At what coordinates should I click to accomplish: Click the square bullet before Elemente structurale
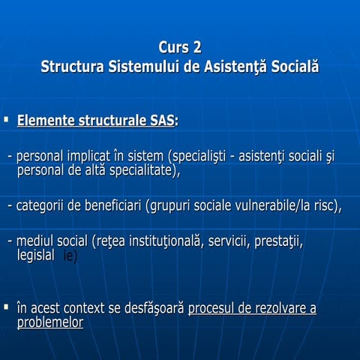(7, 118)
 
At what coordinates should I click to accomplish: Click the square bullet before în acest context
(7, 307)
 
